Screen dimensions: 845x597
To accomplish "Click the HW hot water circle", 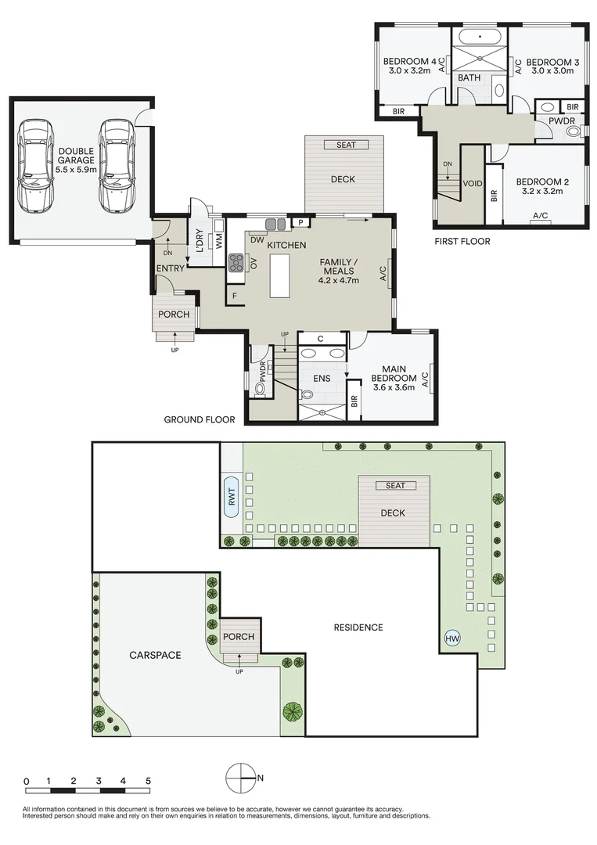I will click(452, 639).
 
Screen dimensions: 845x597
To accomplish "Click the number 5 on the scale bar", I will click(147, 781).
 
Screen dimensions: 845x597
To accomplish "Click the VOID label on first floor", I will click(472, 184).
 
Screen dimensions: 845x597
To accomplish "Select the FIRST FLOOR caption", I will click(462, 242).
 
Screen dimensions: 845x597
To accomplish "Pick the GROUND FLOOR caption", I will click(199, 420).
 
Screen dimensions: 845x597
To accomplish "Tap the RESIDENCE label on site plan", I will click(358, 627).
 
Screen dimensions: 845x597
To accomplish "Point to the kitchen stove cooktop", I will click(235, 263).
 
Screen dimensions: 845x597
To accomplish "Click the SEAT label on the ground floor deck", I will click(345, 145).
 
